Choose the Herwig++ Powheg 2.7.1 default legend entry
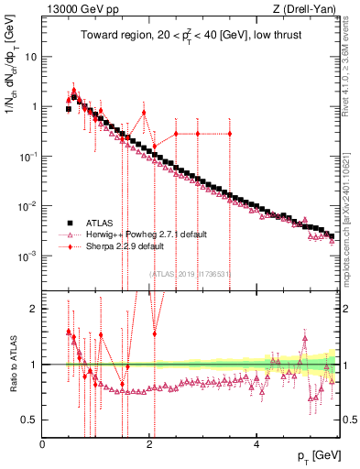point(138,234)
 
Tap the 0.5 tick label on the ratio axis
point(29,420)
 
